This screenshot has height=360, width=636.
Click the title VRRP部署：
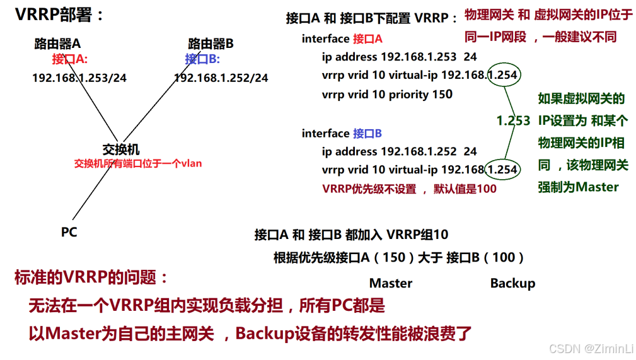coord(60,16)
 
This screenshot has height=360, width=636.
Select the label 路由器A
coord(57,44)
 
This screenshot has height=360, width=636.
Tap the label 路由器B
coord(211,44)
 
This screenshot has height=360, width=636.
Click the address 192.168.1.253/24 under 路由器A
coord(79,78)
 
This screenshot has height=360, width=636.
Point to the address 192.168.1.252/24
coord(221,78)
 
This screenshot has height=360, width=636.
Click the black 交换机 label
coord(121,149)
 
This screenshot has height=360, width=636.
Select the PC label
coord(69,232)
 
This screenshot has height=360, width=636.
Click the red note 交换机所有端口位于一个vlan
coord(138,163)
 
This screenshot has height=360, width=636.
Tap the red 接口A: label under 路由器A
coord(70,59)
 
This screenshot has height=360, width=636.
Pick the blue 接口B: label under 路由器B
coord(202,59)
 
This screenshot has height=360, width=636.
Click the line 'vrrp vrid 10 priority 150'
coord(387,95)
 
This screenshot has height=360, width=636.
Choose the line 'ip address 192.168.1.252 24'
coord(399,151)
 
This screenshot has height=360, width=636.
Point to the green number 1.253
coord(513,120)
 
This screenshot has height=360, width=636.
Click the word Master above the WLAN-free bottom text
coord(391,283)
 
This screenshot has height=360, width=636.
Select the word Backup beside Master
coord(512,283)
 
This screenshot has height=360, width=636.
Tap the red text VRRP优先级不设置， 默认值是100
coord(409,189)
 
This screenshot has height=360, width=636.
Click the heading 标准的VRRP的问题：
coord(92,278)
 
